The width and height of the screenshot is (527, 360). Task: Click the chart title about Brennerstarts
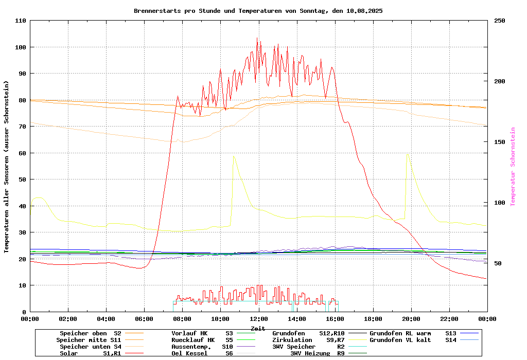click(258, 10)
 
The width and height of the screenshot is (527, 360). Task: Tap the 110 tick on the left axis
click(21, 21)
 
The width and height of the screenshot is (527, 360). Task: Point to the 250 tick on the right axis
click(500, 21)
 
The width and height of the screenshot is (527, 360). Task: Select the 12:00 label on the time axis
click(258, 319)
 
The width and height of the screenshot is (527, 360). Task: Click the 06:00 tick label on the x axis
click(144, 319)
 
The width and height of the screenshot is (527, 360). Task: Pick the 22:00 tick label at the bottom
click(449, 319)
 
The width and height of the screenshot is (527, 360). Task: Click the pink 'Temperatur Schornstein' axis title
click(513, 167)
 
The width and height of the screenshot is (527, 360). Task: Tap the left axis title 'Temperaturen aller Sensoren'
click(7, 167)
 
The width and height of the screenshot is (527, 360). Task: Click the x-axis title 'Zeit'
click(258, 328)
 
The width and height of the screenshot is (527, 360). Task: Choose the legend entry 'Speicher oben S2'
click(91, 333)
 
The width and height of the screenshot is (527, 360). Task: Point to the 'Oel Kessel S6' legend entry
click(202, 353)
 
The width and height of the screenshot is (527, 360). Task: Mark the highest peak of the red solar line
click(257, 38)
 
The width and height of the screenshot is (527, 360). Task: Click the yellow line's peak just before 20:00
click(407, 153)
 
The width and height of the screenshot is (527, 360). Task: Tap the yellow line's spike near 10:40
click(233, 156)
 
